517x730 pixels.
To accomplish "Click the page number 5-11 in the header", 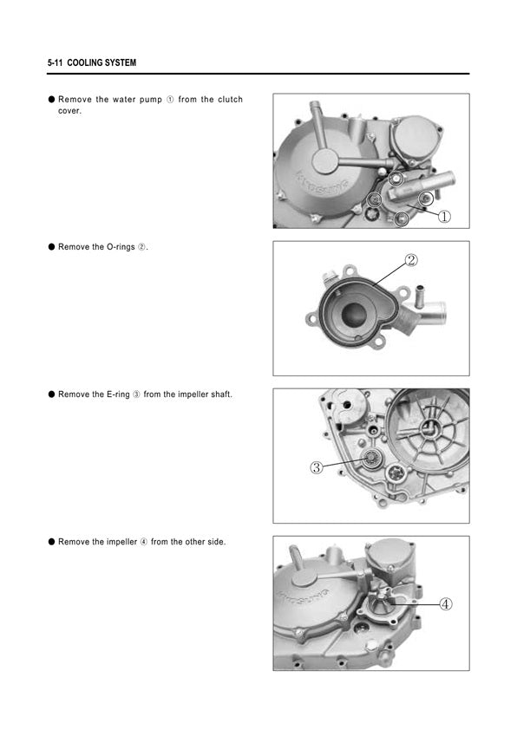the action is (55, 62).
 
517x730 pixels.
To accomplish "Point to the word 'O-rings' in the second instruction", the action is (121, 247).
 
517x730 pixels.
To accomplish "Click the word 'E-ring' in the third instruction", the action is (118, 394).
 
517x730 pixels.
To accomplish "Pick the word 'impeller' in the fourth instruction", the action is (121, 542).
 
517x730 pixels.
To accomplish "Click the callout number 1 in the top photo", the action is (445, 217).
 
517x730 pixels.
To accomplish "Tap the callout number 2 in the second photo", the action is (411, 260).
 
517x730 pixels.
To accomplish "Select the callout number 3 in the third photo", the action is (317, 467).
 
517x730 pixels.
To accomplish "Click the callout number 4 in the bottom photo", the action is (446, 604).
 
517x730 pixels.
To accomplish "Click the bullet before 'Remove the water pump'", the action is (51, 99).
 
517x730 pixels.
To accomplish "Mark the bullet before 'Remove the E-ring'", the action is (51, 394).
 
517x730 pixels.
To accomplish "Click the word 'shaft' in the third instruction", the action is (221, 394).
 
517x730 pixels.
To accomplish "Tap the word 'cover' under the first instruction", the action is (69, 111).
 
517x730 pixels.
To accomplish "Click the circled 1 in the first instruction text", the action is (170, 100).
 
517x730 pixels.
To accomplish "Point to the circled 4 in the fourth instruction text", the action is (144, 542).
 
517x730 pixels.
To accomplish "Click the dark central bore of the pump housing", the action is (354, 315).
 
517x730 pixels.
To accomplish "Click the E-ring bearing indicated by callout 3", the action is (370, 460).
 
